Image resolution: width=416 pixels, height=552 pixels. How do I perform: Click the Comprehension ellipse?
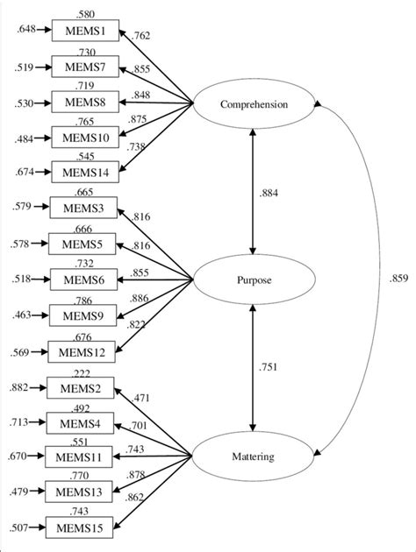[x=253, y=105]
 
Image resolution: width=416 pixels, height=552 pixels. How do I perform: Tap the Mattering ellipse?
[x=253, y=456]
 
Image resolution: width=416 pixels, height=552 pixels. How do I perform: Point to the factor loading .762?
[x=141, y=37]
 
